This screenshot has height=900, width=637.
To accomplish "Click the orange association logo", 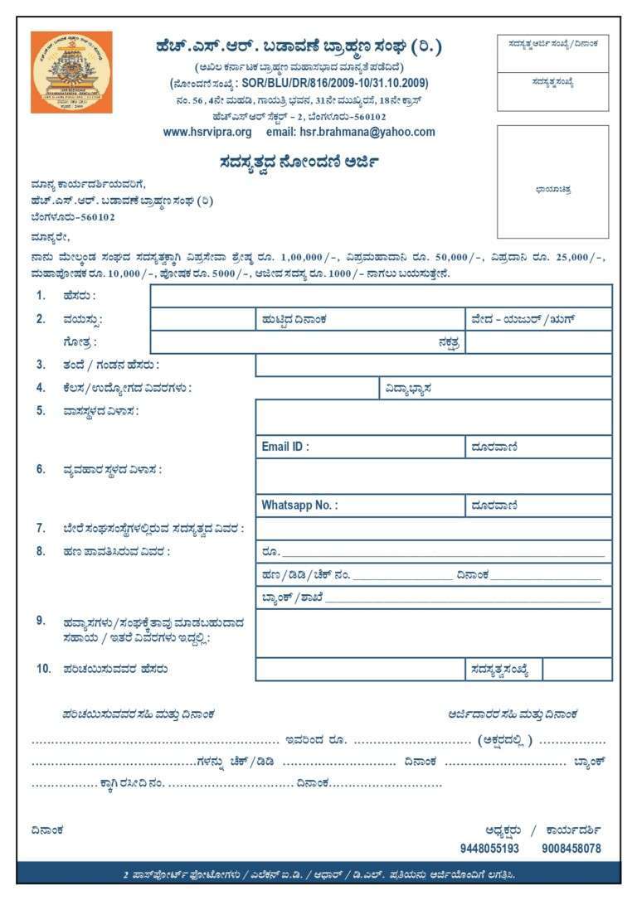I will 71,72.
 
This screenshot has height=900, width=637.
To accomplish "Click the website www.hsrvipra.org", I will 207,132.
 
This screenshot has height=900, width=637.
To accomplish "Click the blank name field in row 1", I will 381,296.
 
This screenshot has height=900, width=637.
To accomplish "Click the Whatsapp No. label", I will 299,506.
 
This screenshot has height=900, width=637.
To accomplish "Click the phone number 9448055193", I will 489,849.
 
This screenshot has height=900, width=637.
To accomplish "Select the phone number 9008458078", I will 571,849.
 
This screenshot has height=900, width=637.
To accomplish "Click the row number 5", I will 41,410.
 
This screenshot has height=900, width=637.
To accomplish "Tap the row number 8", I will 41,551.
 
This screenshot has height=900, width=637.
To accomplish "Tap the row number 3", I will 41,365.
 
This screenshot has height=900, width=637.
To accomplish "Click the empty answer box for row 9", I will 433,633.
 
